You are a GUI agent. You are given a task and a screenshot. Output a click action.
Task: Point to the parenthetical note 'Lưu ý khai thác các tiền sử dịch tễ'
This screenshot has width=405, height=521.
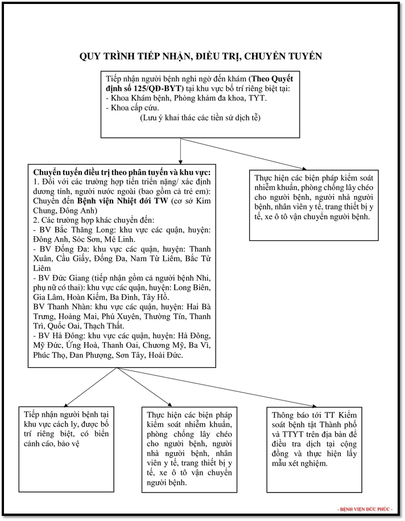(200, 118)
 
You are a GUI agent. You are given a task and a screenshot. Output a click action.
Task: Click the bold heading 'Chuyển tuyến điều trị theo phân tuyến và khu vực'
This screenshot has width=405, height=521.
(122, 173)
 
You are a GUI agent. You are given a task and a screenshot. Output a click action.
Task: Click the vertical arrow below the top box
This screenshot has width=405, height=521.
(180, 150)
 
